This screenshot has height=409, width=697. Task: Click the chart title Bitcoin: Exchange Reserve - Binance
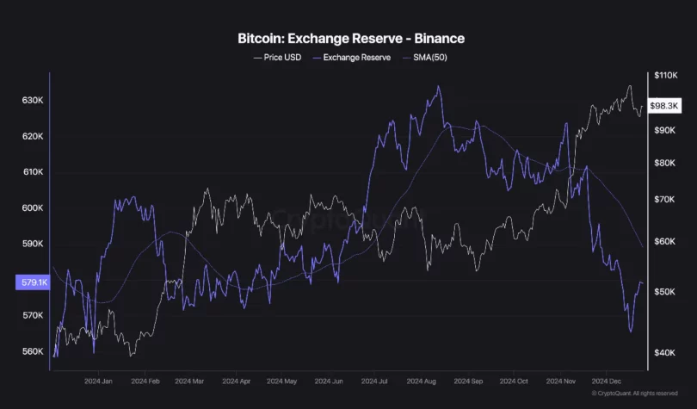click(350, 39)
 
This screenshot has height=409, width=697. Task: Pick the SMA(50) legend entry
click(428, 58)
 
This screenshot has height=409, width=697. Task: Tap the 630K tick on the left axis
click(33, 101)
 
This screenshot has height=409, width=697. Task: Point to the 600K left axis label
click(33, 208)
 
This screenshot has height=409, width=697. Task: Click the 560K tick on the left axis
click(33, 351)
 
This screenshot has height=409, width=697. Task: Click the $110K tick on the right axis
click(665, 76)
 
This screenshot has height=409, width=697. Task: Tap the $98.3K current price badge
click(665, 106)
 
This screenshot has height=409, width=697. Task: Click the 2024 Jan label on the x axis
click(100, 380)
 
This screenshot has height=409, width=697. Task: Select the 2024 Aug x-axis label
click(423, 380)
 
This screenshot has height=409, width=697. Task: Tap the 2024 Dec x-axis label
click(608, 380)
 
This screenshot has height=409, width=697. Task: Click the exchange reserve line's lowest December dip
click(631, 331)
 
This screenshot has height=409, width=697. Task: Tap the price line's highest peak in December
click(630, 86)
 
